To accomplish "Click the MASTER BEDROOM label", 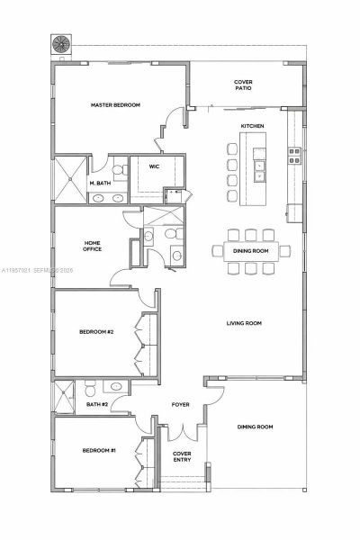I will [x=115, y=105].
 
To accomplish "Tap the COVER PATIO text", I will [x=243, y=86].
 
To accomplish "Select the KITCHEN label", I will [x=251, y=125].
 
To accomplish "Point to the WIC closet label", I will [x=154, y=166].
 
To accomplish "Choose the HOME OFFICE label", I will [x=92, y=246].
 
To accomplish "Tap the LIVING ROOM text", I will [x=243, y=323].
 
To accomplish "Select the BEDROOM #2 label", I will [x=96, y=332].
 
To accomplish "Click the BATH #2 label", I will [x=97, y=405].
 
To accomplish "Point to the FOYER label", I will [x=181, y=405].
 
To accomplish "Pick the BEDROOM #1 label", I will [x=99, y=450].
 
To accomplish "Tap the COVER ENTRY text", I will [x=182, y=456].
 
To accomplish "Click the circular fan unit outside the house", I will [x=63, y=43].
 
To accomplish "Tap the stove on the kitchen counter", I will [x=292, y=153].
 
